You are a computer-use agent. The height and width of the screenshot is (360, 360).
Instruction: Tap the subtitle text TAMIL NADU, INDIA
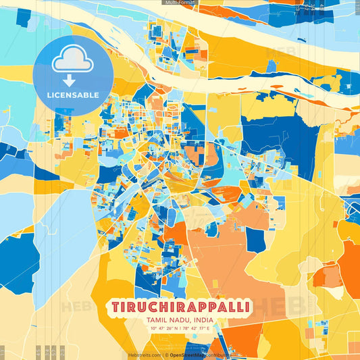coord(180,321)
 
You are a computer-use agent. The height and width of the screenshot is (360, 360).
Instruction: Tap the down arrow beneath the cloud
coord(70,80)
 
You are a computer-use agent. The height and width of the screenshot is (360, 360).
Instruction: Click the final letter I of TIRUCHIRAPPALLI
coord(247,307)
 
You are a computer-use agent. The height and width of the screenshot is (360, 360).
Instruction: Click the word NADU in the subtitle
coord(178,321)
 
